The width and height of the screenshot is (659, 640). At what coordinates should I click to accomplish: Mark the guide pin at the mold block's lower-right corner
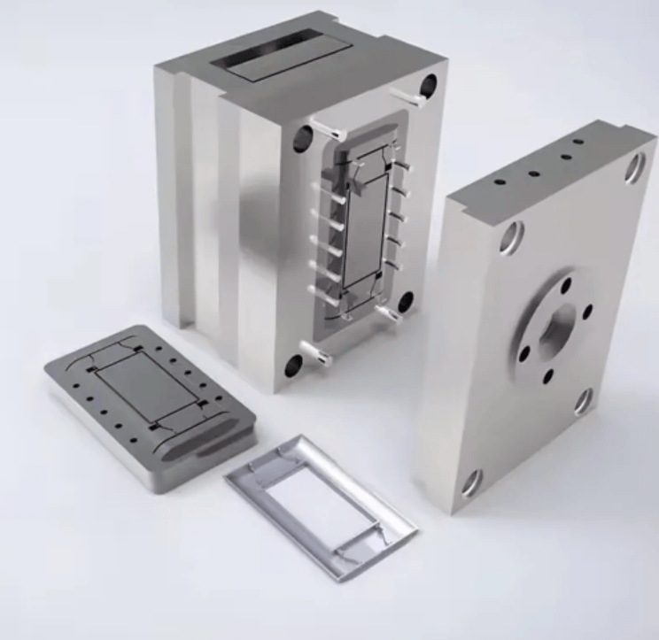[389, 312]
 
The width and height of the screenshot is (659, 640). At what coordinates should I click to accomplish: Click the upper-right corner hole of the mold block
[429, 87]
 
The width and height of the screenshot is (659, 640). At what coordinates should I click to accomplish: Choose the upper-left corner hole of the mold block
[303, 138]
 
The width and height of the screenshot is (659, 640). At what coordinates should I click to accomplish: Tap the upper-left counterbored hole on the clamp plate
[511, 237]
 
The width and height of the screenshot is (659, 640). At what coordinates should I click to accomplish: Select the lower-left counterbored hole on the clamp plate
[470, 482]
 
